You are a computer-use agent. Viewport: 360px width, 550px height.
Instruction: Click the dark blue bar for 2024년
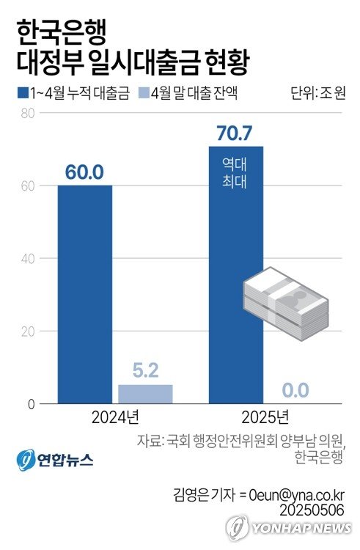point(85,293)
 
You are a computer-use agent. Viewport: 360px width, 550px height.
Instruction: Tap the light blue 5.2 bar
point(145,394)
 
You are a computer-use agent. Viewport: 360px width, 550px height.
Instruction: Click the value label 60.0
point(85,172)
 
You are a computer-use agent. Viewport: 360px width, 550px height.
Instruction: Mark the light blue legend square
point(144,93)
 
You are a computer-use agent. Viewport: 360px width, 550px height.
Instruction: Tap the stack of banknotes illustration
point(286,301)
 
